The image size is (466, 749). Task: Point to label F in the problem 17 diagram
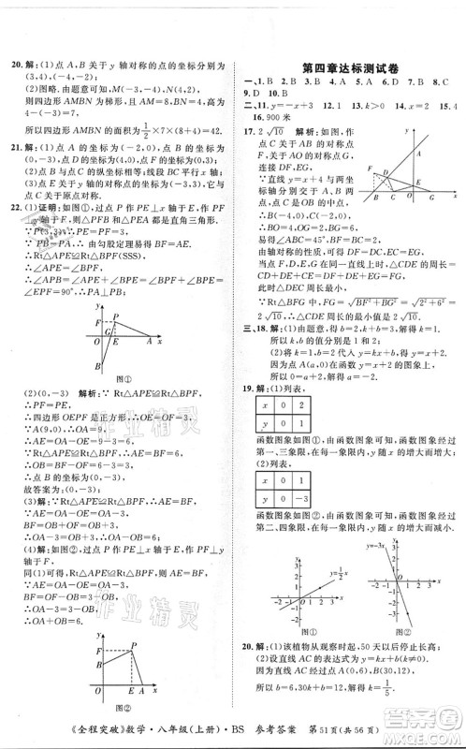pos(371,167)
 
